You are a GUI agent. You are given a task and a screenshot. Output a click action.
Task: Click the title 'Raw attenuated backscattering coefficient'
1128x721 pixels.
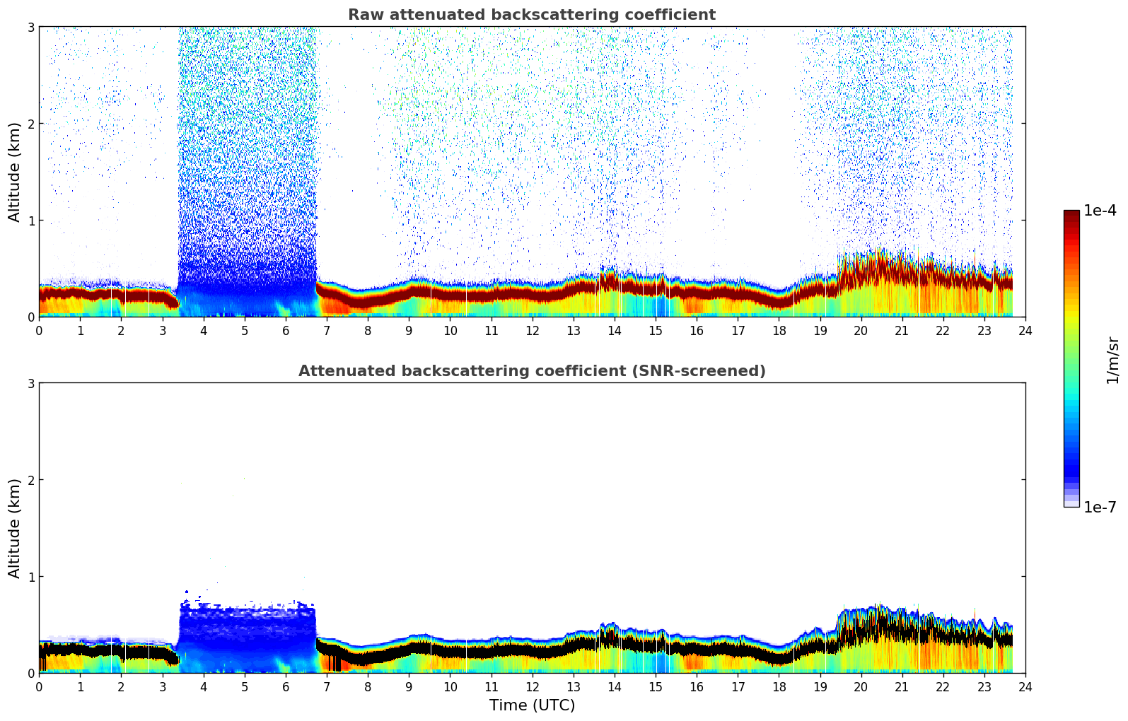531,15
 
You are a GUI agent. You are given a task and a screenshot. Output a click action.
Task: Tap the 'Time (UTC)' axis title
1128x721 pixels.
532,705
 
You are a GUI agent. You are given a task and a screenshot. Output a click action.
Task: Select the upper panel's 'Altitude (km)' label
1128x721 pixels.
14,172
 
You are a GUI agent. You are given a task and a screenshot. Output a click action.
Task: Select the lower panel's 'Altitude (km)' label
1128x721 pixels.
14,528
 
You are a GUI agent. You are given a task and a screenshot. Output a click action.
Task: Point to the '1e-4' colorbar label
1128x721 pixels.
1100,211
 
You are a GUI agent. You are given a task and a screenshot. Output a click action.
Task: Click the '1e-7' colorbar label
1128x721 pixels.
1100,508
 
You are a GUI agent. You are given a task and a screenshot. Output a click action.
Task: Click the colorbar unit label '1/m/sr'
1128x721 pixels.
1112,360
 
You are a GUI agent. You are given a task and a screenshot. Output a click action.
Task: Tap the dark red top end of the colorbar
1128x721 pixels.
1071,214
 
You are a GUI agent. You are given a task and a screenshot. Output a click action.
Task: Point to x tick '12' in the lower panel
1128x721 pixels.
532,686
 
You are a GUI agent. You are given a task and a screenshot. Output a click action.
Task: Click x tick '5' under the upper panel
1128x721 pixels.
245,330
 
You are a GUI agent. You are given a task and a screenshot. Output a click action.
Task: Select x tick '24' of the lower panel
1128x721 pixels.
1025,686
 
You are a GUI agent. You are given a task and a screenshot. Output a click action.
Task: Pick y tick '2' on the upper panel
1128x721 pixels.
31,124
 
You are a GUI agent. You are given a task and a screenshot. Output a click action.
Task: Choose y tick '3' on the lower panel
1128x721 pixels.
31,383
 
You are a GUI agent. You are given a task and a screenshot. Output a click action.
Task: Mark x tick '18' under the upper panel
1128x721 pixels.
779,330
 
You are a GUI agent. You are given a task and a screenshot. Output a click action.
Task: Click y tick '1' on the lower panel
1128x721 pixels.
31,577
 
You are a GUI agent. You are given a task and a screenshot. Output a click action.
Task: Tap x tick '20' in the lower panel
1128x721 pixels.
861,686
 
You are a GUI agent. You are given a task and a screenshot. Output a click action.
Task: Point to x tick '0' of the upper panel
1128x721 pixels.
39,330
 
